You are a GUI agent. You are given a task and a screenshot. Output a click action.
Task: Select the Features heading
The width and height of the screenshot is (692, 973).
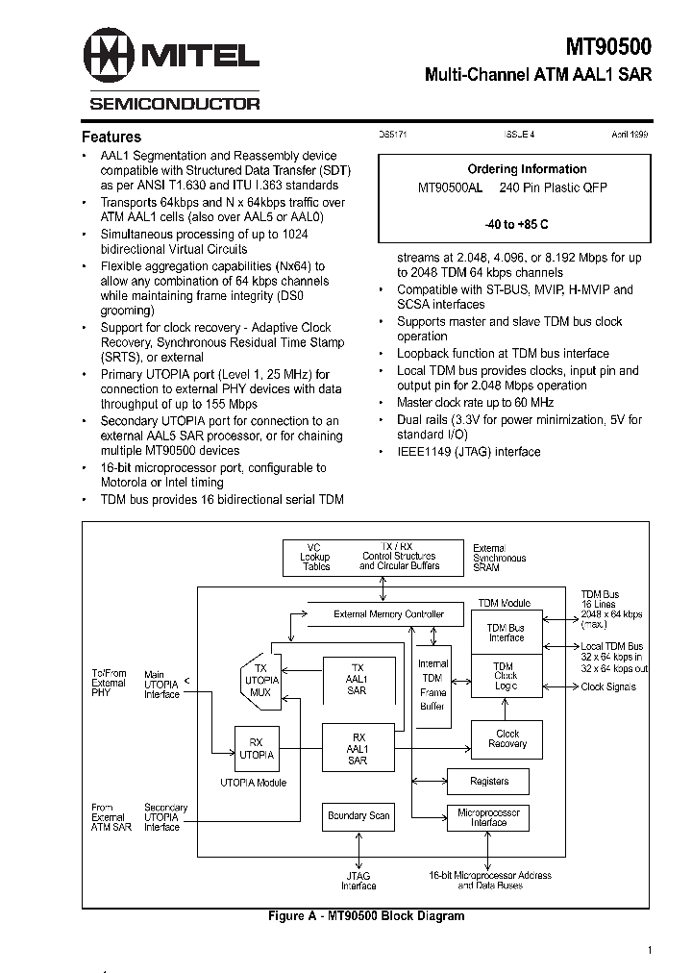111,137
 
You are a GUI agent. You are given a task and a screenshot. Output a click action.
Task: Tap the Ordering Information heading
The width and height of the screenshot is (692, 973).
527,169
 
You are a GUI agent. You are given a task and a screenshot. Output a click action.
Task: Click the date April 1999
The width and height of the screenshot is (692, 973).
630,137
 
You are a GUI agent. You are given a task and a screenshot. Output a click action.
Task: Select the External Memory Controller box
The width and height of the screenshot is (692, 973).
388,613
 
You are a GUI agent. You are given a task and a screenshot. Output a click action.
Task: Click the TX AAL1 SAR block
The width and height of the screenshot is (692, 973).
357,679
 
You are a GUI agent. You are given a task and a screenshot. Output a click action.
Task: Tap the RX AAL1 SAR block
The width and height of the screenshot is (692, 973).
357,748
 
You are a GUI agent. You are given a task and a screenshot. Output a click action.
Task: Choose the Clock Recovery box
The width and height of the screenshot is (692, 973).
507,738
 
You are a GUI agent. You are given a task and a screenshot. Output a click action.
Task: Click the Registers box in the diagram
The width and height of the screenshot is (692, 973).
489,781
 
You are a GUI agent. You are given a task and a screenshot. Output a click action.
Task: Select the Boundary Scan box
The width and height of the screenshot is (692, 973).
358,816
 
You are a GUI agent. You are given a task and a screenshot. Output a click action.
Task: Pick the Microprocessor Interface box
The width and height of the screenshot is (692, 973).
488,817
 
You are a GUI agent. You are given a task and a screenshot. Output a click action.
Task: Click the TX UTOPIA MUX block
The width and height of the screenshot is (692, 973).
259,679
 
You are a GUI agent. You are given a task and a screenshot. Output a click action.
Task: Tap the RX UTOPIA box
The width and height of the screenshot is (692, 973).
256,748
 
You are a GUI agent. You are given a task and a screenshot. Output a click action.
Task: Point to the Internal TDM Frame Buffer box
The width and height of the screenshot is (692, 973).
433,685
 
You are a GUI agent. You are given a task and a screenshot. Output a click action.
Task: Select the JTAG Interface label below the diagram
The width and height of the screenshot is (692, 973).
358,881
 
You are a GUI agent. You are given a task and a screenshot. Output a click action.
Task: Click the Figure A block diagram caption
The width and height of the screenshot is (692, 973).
365,916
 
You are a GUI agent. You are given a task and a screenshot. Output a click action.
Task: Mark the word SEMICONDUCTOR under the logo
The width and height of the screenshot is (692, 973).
174,103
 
